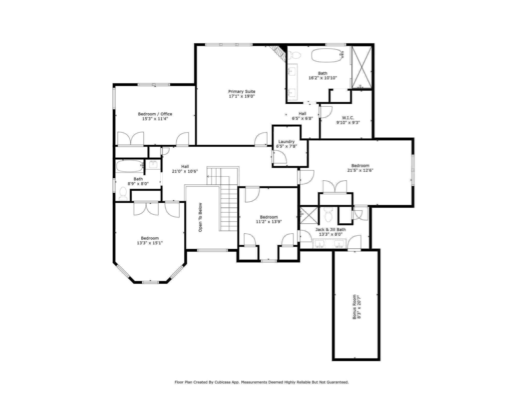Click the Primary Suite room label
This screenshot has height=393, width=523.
242,91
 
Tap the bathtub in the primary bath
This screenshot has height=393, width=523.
327,55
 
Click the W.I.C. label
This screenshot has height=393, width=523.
348,118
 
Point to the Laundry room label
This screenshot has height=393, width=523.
286,141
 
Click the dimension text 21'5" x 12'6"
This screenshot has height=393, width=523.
360,170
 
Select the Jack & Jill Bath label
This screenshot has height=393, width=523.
330,230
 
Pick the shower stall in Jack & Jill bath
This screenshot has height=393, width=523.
309,215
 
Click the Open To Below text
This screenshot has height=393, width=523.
200,217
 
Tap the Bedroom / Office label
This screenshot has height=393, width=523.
155,114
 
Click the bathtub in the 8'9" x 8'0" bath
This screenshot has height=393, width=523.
129,166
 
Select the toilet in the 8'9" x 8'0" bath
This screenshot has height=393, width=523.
123,194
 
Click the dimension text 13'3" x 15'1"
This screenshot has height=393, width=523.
150,243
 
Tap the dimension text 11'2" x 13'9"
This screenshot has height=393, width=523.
269,222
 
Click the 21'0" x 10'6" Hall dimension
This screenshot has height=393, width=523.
185,171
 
